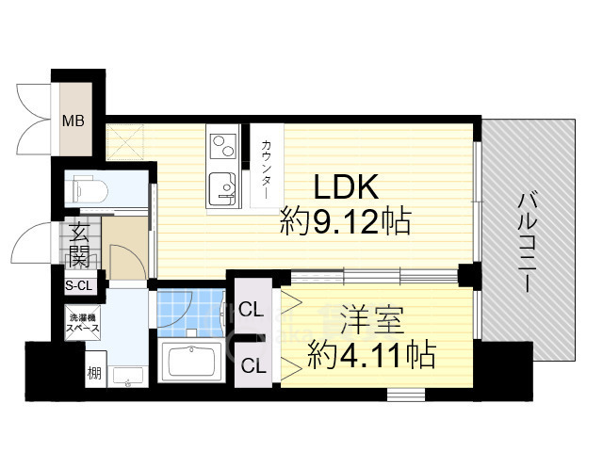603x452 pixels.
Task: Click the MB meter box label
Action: (73, 121)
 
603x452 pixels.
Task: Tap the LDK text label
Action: (346, 187)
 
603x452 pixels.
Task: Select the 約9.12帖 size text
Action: (346, 221)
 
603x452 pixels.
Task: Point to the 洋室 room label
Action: (372, 319)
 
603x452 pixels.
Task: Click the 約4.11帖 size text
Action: (372, 354)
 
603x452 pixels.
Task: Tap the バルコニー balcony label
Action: (526, 243)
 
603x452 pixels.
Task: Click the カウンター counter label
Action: (266, 169)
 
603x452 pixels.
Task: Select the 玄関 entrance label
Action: (79, 245)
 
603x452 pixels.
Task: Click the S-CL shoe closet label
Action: (79, 285)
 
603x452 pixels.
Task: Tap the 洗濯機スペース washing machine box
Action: (83, 323)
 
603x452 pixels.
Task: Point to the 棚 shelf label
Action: (94, 373)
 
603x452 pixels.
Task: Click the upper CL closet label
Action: (252, 309)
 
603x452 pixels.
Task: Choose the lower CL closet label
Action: (253, 365)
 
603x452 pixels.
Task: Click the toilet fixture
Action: (88, 189)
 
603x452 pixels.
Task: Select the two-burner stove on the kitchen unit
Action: (223, 147)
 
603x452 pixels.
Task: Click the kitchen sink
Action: (222, 187)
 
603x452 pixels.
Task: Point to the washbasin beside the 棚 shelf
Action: (128, 377)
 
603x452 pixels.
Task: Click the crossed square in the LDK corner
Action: (125, 141)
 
